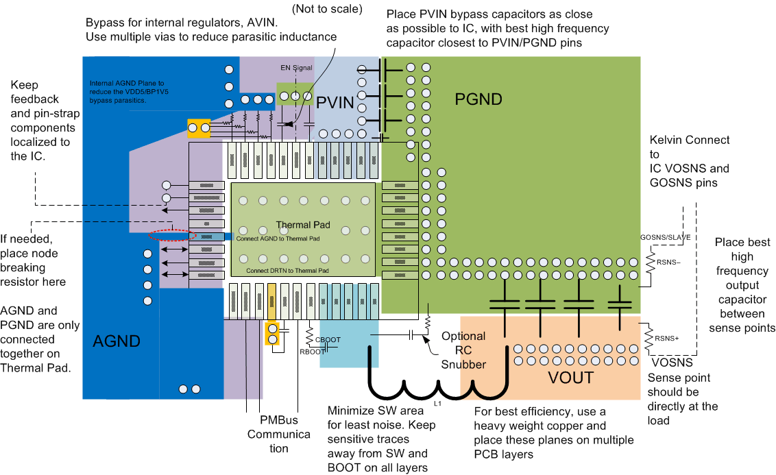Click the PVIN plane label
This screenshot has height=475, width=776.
[335, 103]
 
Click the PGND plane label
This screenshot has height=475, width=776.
[478, 99]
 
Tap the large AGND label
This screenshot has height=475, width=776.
[117, 341]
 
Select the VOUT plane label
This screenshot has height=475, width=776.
[570, 377]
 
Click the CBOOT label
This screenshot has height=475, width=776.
[328, 340]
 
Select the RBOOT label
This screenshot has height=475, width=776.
[312, 352]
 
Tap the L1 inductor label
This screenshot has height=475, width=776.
[437, 403]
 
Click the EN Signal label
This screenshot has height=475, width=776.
[296, 68]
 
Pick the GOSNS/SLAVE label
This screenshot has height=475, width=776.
[665, 237]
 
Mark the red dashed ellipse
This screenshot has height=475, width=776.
[172, 234]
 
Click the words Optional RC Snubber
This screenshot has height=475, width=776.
[463, 350]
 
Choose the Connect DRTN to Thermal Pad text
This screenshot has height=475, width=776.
[287, 271]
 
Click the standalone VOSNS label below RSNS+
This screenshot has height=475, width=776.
[672, 363]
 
